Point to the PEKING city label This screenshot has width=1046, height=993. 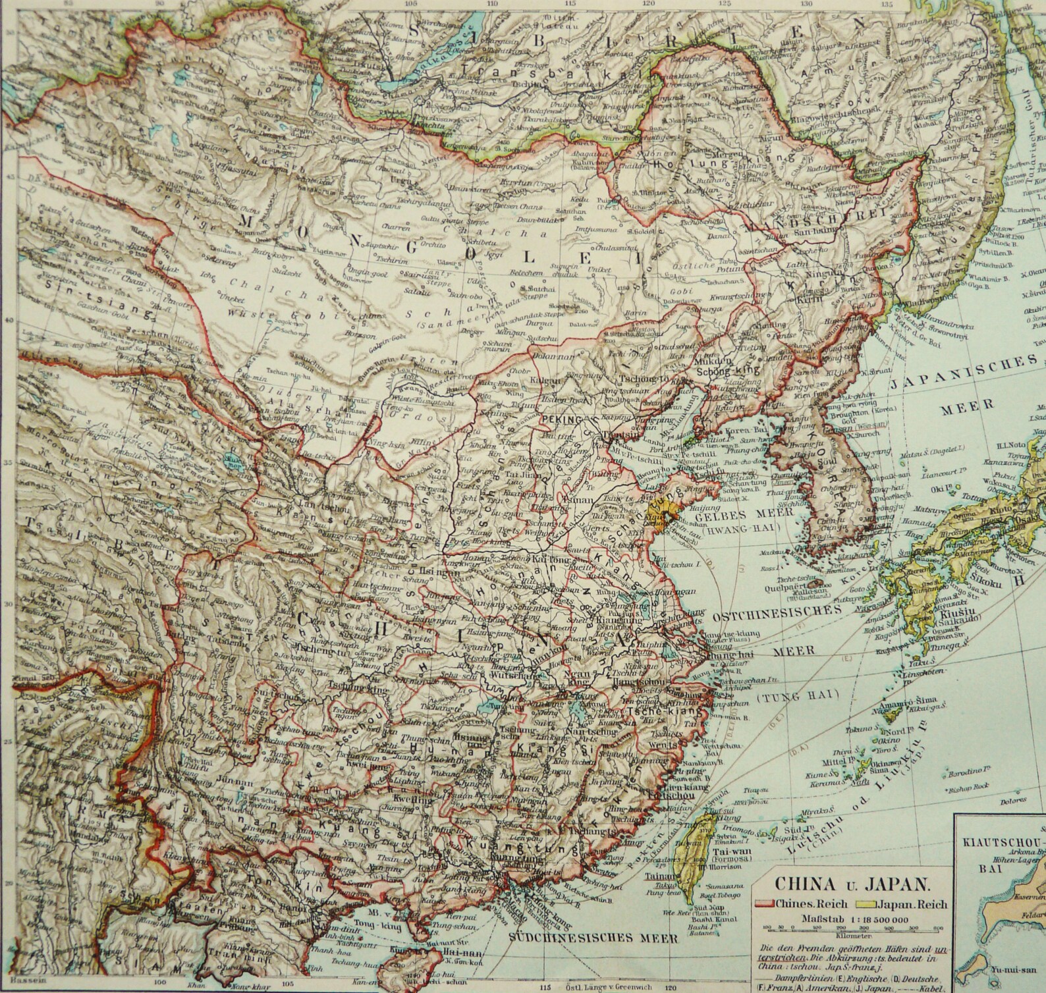561,419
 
